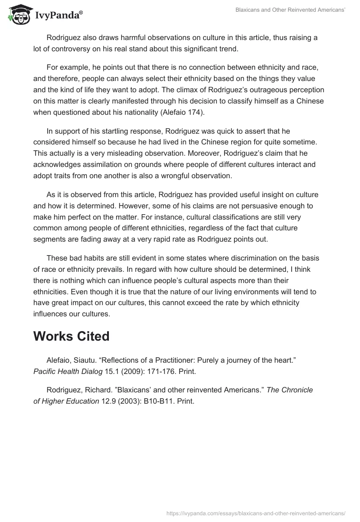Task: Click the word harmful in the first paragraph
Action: [126, 38]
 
